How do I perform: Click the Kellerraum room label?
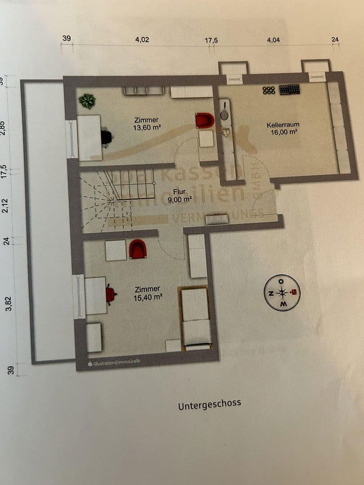coord(283,124)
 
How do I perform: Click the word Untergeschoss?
coord(209,404)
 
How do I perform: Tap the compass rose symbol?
coord(282,293)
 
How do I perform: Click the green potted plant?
coord(87,101)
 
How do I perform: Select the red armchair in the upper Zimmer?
coord(205,120)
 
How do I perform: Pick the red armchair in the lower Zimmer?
coord(138,249)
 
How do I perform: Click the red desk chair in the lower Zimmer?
coord(111,295)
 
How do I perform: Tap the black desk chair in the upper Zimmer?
coord(107,137)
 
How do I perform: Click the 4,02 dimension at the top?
coord(142,40)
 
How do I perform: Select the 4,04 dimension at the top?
coord(273,40)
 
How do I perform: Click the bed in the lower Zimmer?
coord(195,319)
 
